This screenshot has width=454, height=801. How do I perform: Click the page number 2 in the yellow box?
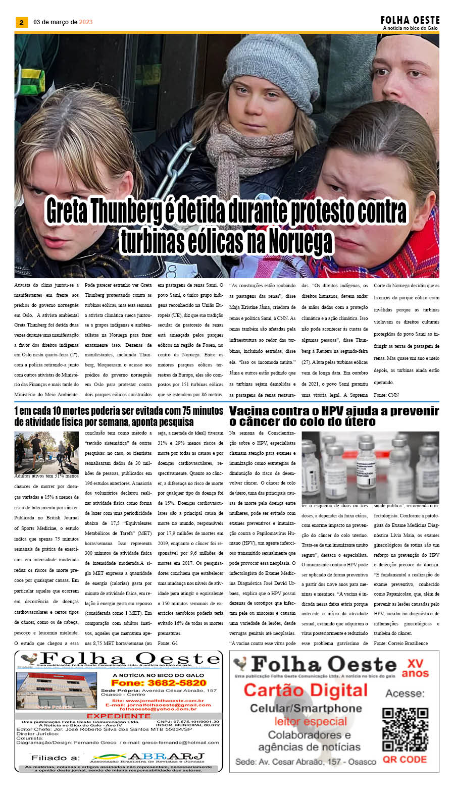[21, 22]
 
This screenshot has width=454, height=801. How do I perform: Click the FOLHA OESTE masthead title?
[410, 20]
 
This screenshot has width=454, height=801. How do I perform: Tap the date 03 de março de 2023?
[63, 22]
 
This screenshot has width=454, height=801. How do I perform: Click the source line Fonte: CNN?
[386, 395]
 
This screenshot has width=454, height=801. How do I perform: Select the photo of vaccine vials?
[370, 467]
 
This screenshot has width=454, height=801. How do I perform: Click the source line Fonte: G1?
[168, 643]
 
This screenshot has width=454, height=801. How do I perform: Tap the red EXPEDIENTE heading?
[118, 716]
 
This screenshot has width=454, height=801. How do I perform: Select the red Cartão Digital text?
[306, 690]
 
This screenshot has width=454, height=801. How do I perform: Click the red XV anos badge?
[415, 668]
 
